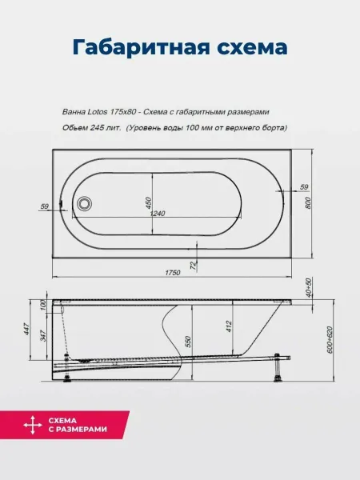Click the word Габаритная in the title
coord(141,47)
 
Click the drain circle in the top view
coord(84,203)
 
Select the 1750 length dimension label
coord(173,273)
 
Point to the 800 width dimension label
coord(308,203)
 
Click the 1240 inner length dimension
coord(158,213)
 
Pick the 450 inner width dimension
coord(148,203)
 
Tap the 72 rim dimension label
coord(193,266)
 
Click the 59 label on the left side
coord(44,206)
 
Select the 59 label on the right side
coord(304,186)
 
